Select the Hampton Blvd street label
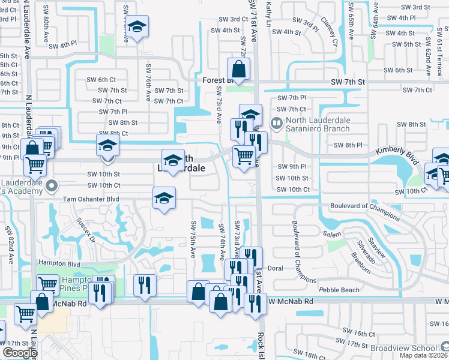coord(59,263)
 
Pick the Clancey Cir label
coord(330,32)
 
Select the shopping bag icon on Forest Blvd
coord(239,71)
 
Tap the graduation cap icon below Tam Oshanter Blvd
coord(164,198)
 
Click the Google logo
coord(20,353)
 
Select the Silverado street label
coord(366,254)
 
